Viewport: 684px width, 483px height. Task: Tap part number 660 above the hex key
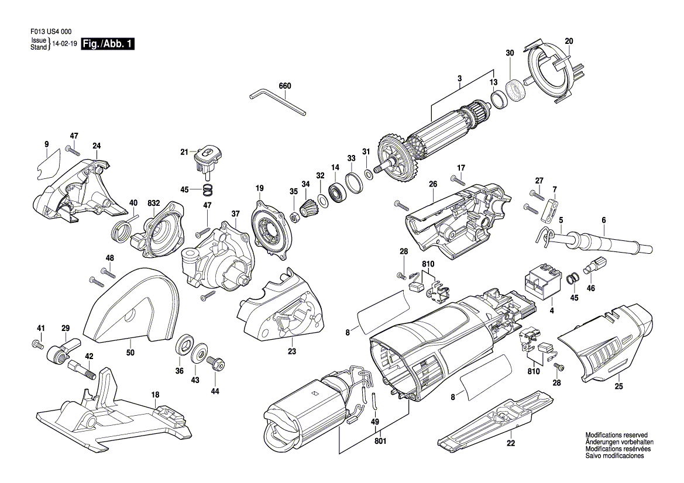click(284, 86)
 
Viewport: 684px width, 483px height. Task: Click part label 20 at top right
click(569, 42)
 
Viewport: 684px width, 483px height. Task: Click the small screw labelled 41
click(37, 345)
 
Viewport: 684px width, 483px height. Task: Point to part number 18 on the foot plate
click(155, 395)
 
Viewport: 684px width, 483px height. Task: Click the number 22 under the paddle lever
click(511, 443)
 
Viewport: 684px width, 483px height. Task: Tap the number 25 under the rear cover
click(618, 386)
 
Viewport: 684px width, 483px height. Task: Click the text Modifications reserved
click(616, 435)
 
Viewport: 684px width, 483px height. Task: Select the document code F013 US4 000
click(51, 32)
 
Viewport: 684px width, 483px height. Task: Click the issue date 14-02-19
click(64, 44)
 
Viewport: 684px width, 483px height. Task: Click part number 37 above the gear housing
click(236, 213)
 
